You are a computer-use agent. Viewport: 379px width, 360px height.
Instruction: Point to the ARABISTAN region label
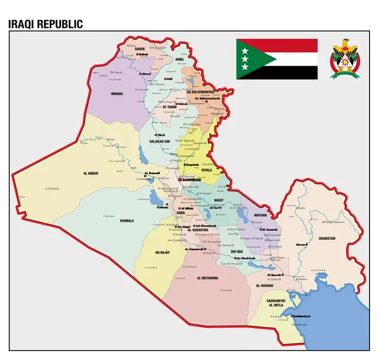click(x=326, y=238)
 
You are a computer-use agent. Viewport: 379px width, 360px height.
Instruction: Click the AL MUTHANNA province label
click(x=207, y=278)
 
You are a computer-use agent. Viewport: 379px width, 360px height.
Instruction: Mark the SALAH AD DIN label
click(x=159, y=142)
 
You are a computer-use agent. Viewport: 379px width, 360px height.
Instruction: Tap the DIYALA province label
click(x=207, y=170)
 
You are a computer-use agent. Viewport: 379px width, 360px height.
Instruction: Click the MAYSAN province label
click(x=261, y=215)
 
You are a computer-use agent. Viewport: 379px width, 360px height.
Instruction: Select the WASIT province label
click(x=218, y=200)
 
